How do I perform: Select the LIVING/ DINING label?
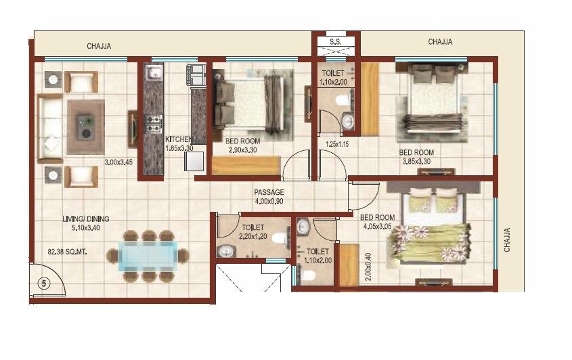coord(86,219)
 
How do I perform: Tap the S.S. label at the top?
coord(336,41)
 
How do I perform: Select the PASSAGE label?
coord(269,192)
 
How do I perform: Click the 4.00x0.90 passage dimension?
coord(269,201)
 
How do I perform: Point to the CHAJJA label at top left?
coord(99,47)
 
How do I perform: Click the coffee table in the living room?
coord(85,128)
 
